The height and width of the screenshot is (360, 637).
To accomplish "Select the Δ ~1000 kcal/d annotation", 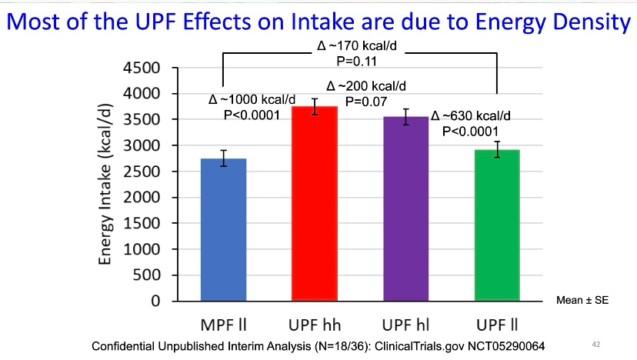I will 252,100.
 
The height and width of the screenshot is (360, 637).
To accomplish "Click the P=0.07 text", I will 365,100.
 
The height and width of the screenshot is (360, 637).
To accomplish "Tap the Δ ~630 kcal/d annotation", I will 471,117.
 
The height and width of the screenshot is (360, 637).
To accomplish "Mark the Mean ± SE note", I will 582,301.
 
